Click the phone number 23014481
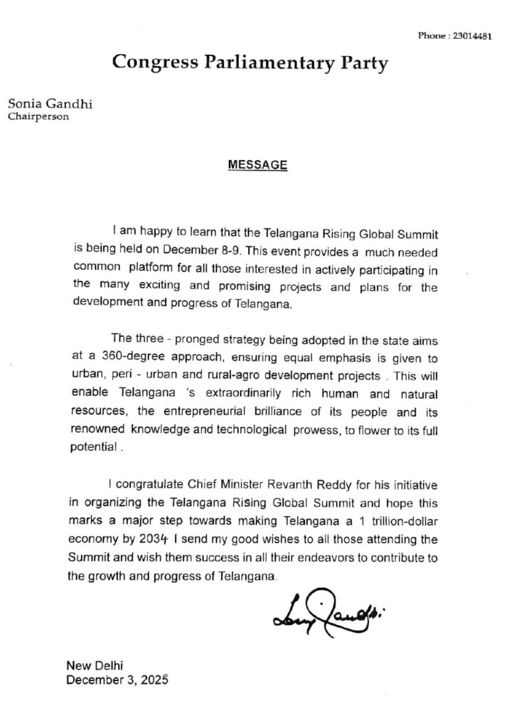click(x=472, y=36)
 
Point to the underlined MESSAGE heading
click(x=257, y=165)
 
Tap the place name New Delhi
click(x=94, y=665)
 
